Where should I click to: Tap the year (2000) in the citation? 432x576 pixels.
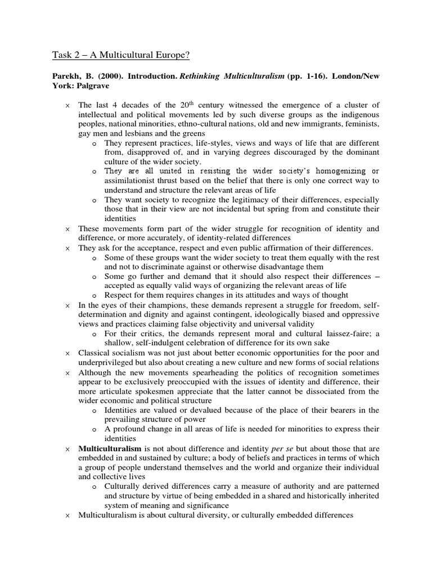pyautogui.click(x=104, y=76)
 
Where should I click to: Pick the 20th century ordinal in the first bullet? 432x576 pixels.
pyautogui.click(x=171, y=105)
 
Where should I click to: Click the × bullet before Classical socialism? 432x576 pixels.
pyautogui.click(x=67, y=353)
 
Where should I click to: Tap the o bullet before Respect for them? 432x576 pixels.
pyautogui.click(x=94, y=295)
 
